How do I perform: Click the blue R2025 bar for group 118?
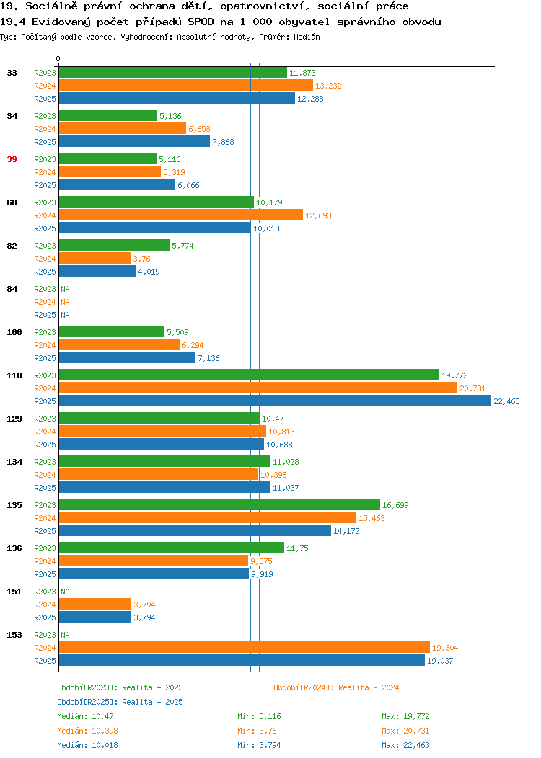[x=275, y=401]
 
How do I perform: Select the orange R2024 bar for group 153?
[x=245, y=647]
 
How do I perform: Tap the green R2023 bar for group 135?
[x=220, y=504]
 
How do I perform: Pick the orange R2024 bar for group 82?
[x=94, y=258]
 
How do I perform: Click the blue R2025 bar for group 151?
[x=95, y=617]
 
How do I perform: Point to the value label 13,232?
[x=328, y=86]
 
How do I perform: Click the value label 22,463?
[x=506, y=401]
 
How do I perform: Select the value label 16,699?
[x=395, y=505]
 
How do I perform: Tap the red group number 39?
[x=12, y=159]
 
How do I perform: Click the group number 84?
[x=12, y=289]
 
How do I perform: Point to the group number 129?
[x=14, y=419]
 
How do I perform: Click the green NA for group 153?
[x=66, y=635]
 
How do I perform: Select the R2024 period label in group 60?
[x=45, y=215]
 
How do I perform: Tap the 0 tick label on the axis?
[x=58, y=58]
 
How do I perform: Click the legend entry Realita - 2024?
[x=369, y=687]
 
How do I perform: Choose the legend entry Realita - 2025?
[x=152, y=702]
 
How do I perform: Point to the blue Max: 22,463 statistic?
[x=405, y=746]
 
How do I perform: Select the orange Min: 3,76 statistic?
[x=257, y=731]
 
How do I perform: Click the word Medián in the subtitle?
[x=307, y=37]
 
